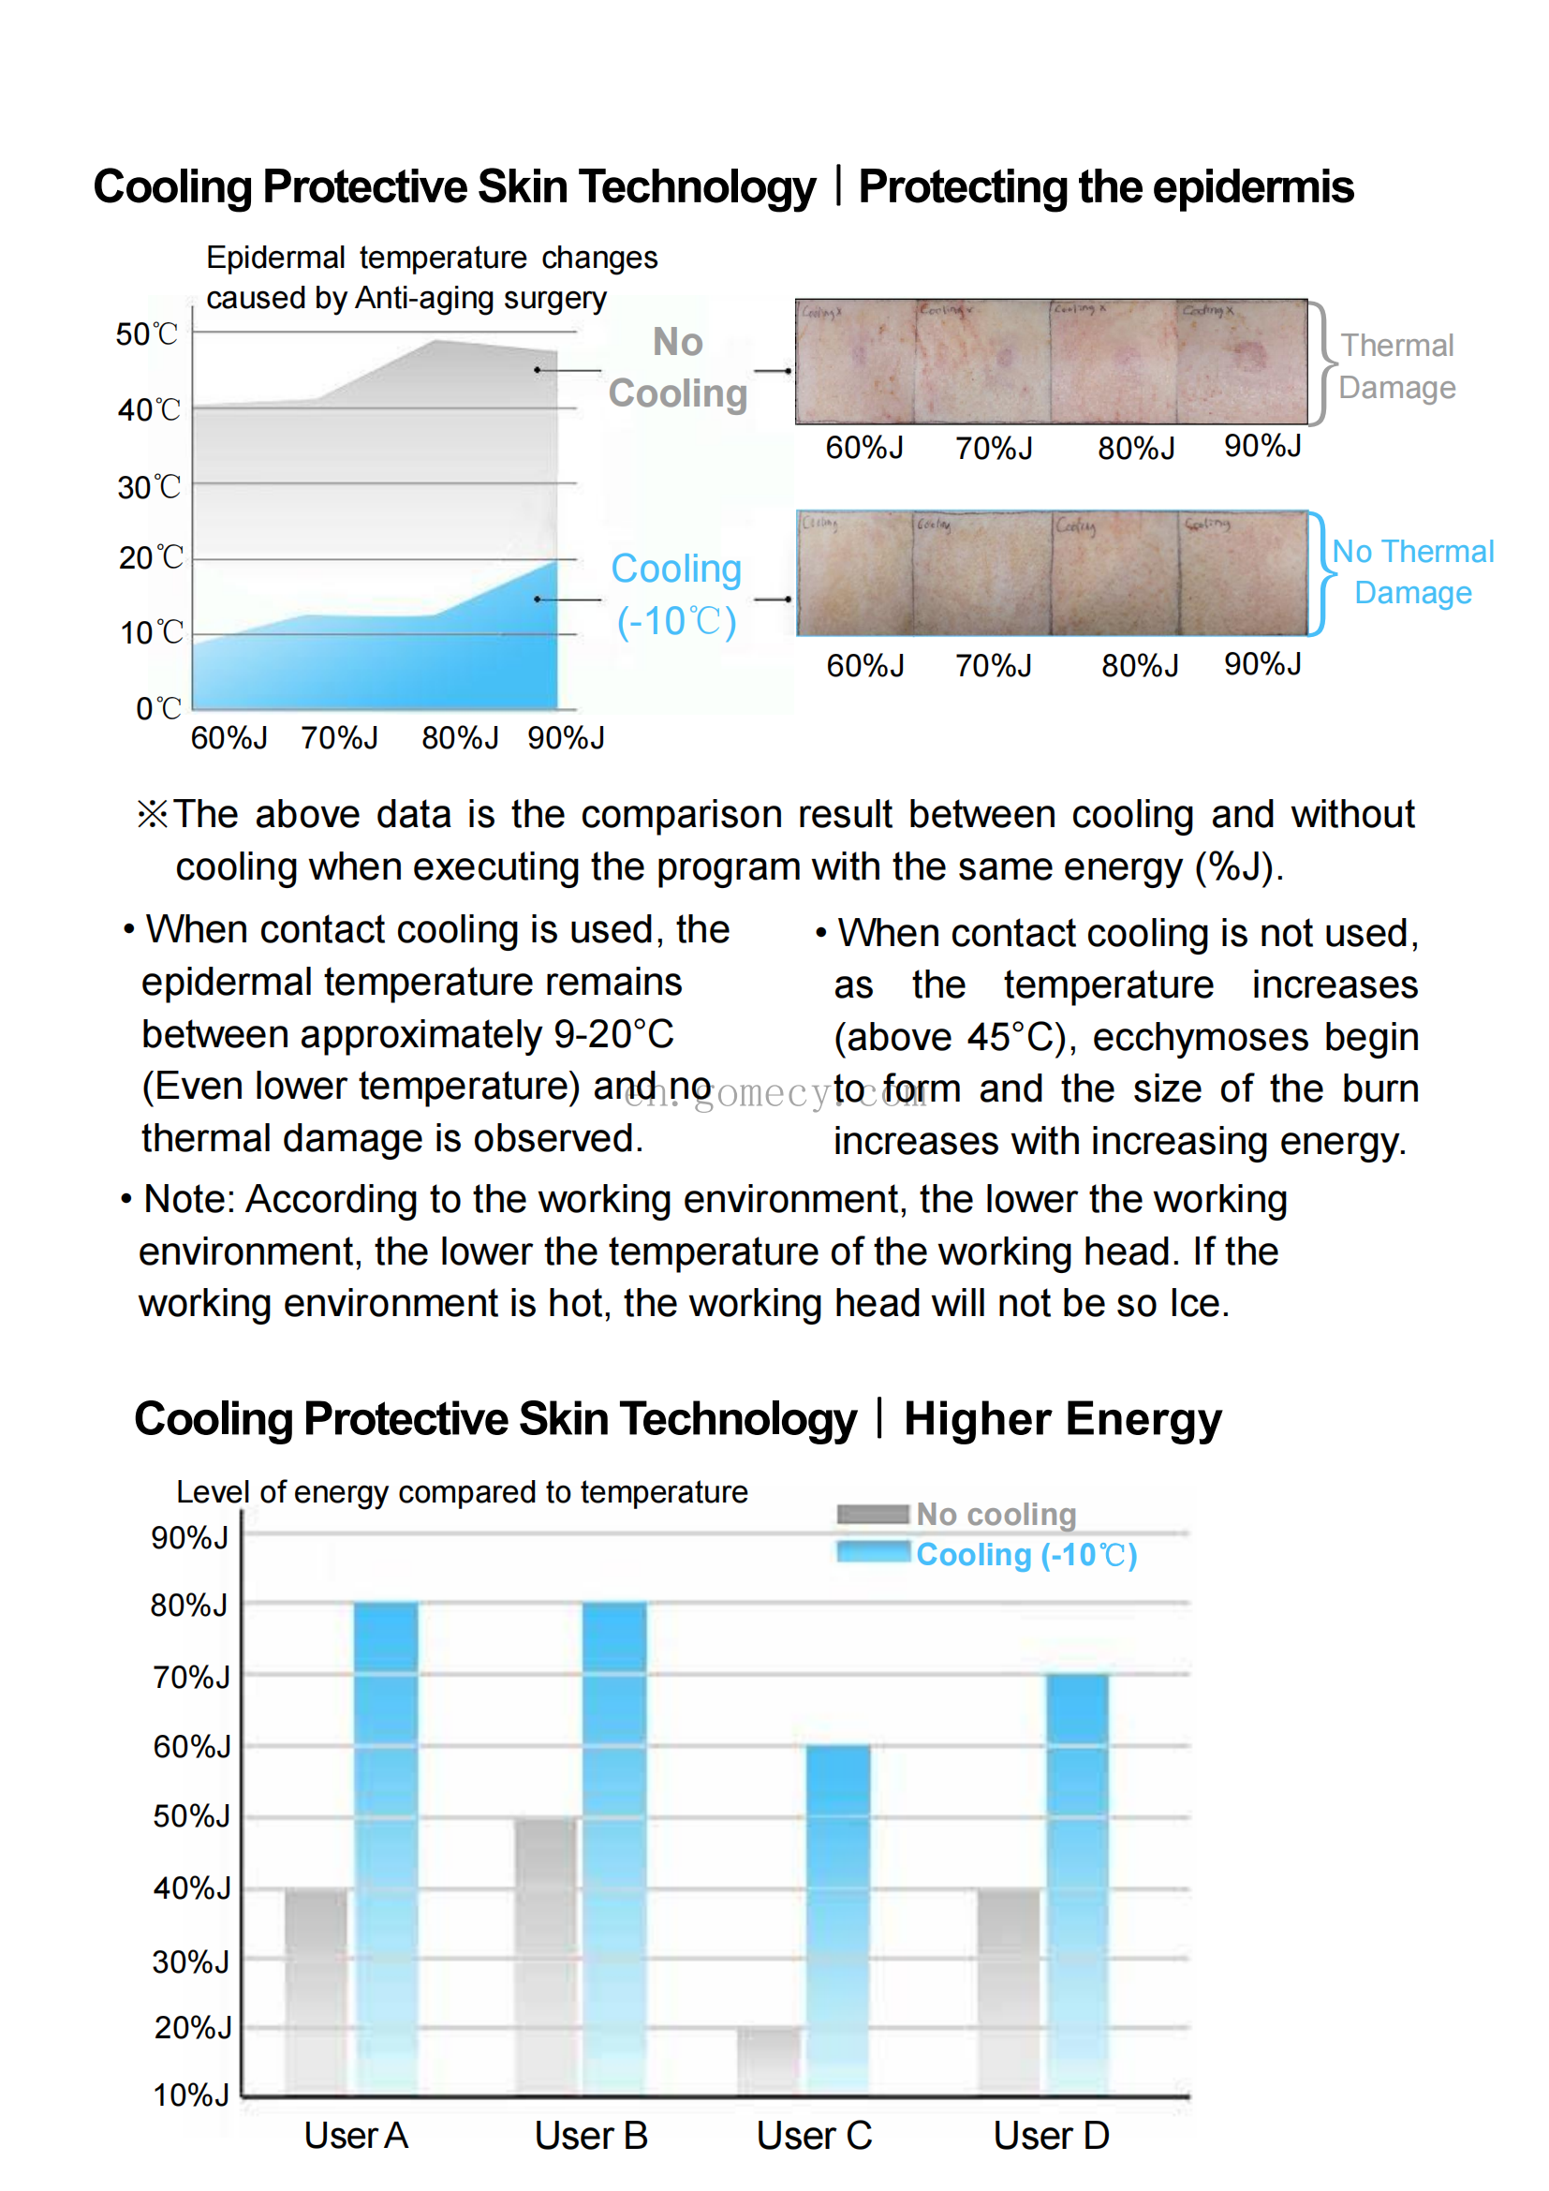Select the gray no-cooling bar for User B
point(545,1956)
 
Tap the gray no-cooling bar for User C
point(769,2061)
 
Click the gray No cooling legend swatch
point(873,1514)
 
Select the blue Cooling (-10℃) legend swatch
point(873,1552)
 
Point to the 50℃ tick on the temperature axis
point(147,334)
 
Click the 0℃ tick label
point(158,708)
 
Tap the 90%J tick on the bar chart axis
point(190,1537)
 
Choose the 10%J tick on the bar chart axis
point(191,2095)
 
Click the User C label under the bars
point(814,2136)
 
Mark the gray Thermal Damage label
point(1396,366)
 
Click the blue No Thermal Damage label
point(1412,571)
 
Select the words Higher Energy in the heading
point(1062,1419)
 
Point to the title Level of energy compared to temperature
point(462,1491)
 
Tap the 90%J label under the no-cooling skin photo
point(1261,446)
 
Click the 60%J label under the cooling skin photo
point(865,665)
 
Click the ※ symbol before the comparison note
point(153,815)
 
